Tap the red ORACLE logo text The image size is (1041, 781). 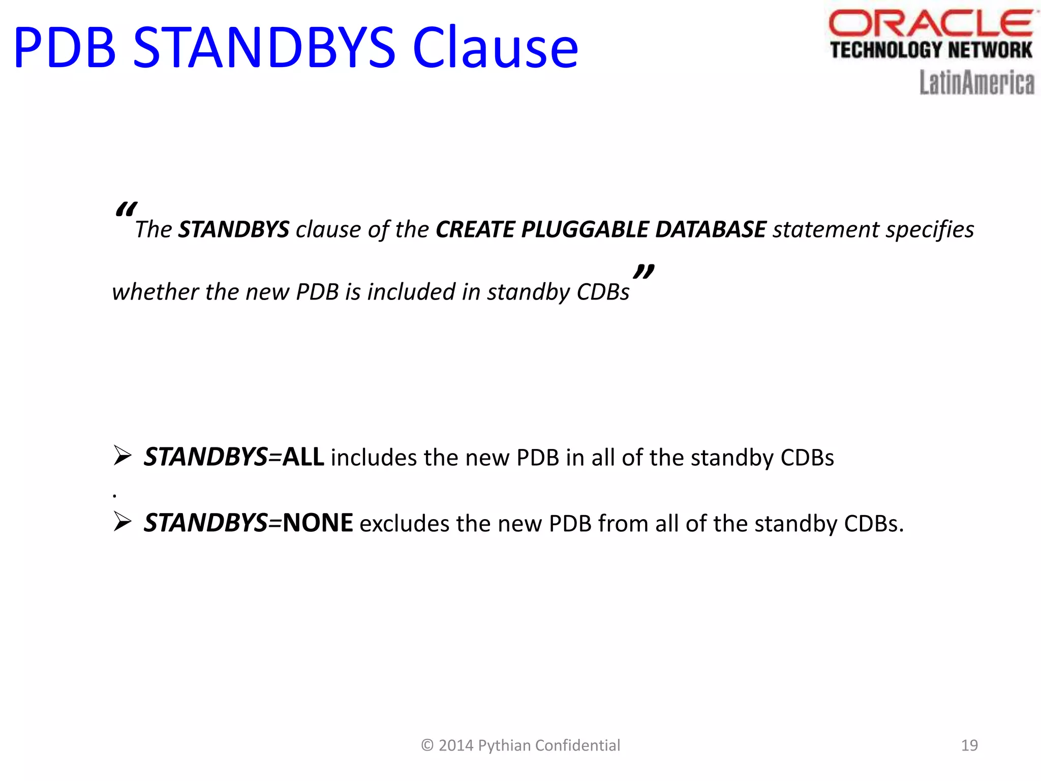[930, 24]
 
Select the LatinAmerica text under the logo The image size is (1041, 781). [976, 83]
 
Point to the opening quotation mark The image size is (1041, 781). [126, 209]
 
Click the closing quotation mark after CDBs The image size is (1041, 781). [644, 272]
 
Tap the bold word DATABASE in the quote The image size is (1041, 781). [710, 229]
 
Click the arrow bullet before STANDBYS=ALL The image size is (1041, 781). [123, 456]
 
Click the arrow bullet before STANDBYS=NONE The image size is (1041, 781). [123, 522]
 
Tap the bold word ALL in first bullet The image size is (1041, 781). [303, 457]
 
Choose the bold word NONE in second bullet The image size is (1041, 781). [318, 523]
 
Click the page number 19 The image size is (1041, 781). [969, 745]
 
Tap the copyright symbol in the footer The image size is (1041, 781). [427, 745]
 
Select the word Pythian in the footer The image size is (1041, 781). [504, 745]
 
